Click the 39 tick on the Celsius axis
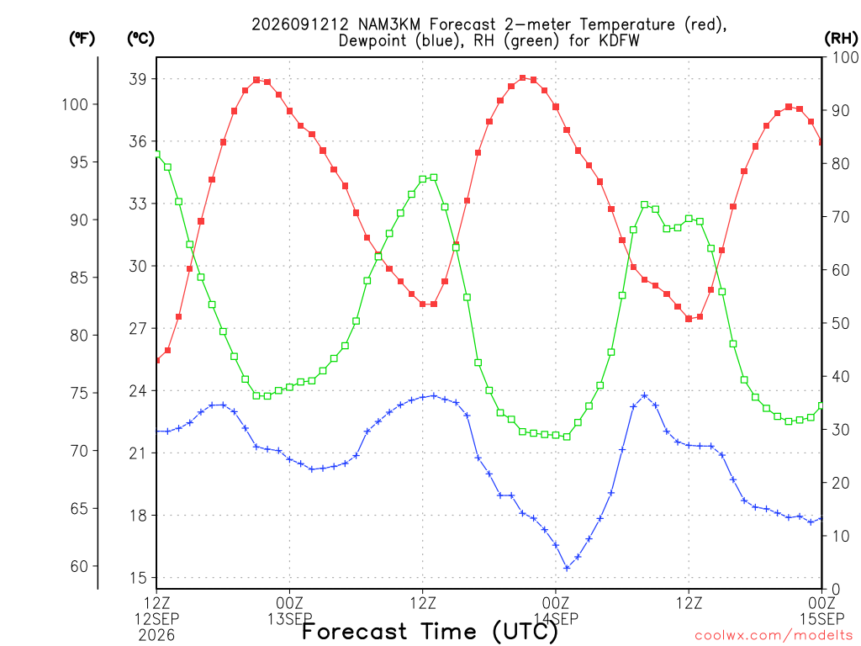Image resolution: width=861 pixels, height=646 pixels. tap(138, 79)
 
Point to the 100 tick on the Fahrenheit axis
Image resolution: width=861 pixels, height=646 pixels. tap(75, 104)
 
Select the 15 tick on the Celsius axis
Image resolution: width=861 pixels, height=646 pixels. tap(138, 578)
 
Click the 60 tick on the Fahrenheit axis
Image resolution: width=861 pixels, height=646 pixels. tap(79, 566)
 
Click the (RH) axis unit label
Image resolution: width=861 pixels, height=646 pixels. tap(841, 39)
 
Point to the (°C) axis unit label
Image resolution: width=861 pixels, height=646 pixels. tap(140, 39)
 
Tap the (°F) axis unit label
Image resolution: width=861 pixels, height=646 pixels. tap(82, 39)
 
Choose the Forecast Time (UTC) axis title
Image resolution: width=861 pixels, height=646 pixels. tap(430, 631)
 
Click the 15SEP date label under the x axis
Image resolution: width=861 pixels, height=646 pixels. tap(822, 619)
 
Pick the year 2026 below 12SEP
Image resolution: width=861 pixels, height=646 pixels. tap(156, 636)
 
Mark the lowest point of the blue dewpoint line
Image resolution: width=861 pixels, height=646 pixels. tap(567, 568)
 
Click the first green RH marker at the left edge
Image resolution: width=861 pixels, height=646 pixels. tap(157, 154)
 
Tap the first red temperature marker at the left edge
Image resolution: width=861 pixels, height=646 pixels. tap(157, 360)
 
